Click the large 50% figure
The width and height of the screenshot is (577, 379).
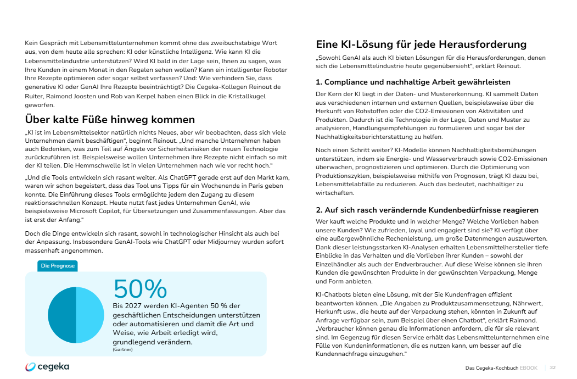(x=140, y=289)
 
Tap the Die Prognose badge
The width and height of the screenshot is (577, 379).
(x=58, y=266)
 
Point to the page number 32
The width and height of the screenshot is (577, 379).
(x=553, y=367)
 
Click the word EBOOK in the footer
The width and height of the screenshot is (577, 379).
(x=529, y=367)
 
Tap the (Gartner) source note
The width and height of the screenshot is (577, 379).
(x=122, y=349)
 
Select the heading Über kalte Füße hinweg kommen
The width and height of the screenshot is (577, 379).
(x=110, y=119)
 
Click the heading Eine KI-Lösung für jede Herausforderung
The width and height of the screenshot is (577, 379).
(x=421, y=44)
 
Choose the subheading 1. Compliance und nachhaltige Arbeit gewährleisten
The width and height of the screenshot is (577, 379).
(x=413, y=82)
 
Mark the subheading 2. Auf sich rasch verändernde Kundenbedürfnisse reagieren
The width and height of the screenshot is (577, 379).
(x=427, y=210)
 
